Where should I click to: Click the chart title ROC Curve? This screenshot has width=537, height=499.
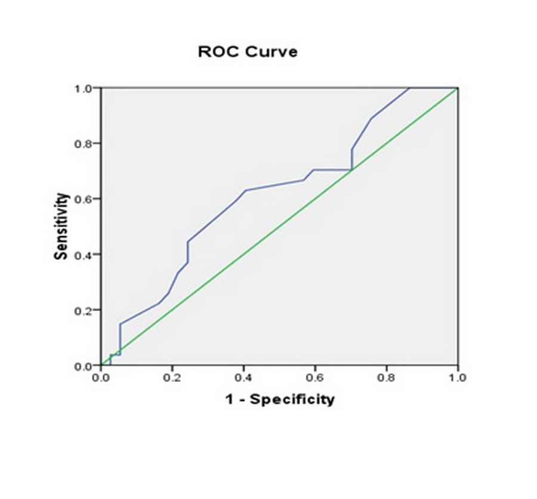[248, 52]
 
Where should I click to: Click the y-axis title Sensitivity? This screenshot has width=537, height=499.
[61, 226]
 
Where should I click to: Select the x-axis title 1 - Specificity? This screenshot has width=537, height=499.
[280, 399]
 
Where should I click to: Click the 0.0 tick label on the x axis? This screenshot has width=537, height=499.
[101, 378]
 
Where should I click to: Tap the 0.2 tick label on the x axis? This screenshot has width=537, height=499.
[172, 378]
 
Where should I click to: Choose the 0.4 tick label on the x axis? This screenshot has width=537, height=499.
[243, 378]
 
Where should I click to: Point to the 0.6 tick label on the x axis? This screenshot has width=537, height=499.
[315, 378]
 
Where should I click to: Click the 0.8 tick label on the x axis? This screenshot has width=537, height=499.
[386, 378]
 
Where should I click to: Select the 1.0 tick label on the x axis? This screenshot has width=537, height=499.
[457, 378]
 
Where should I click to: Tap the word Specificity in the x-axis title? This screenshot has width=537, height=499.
[292, 399]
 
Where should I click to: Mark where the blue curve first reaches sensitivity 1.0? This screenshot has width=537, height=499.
[409, 88]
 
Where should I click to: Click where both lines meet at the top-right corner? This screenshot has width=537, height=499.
[457, 88]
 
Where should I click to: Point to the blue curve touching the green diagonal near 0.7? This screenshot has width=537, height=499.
[351, 170]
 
